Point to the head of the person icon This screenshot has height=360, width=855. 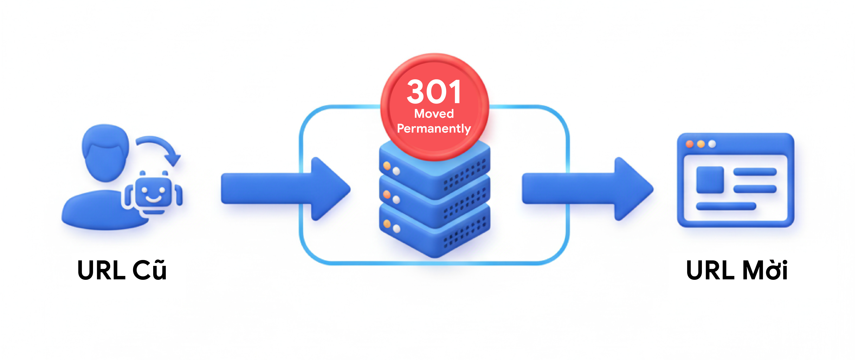[x=106, y=153]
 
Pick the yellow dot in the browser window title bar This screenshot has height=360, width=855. [x=701, y=144]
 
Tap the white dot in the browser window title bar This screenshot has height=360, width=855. [x=712, y=144]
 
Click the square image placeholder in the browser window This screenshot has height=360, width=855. [x=710, y=180]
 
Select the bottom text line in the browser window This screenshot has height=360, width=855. [x=726, y=206]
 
